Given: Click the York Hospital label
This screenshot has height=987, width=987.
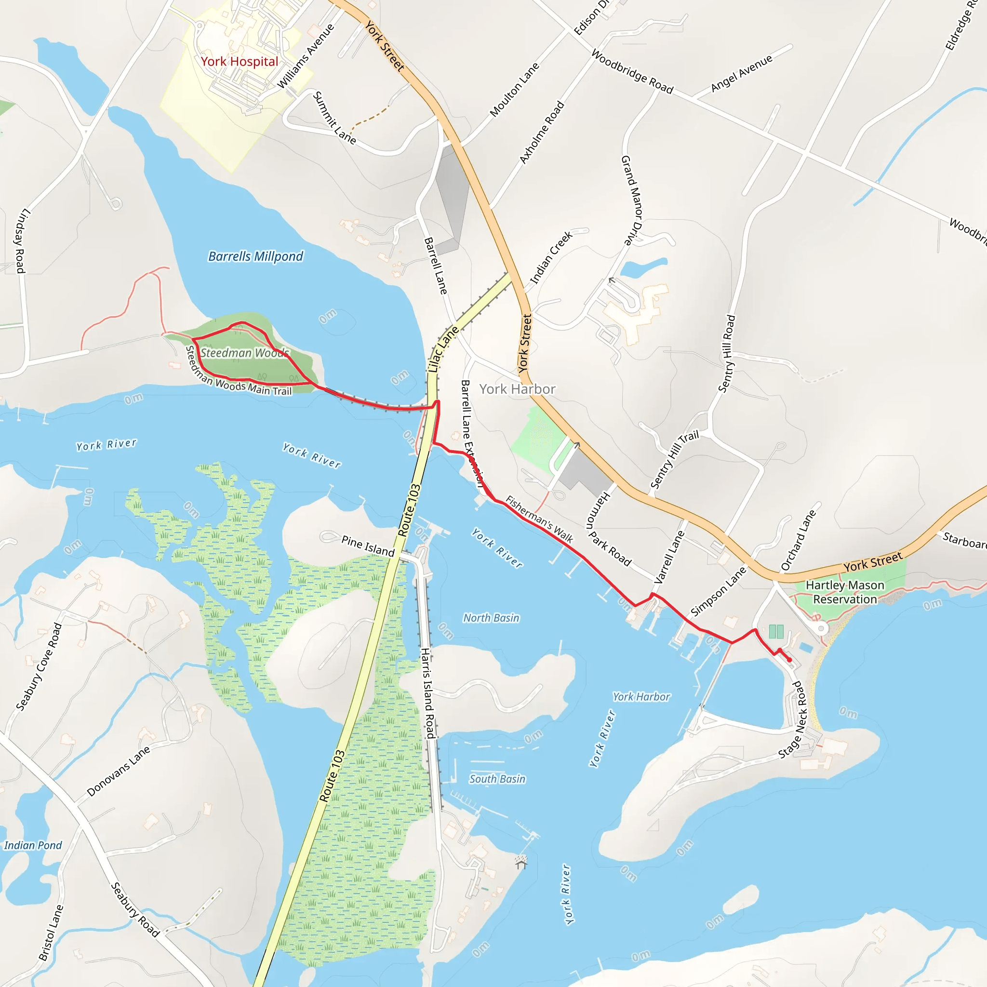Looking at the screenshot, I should pyautogui.click(x=239, y=62).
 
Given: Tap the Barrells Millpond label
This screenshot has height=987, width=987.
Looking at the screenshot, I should pyautogui.click(x=255, y=256).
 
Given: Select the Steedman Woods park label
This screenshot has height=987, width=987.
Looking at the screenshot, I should pyautogui.click(x=244, y=353).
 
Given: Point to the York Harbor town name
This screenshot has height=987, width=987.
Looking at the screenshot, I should pyautogui.click(x=517, y=389).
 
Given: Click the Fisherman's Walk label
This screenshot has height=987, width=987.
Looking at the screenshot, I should pyautogui.click(x=539, y=519).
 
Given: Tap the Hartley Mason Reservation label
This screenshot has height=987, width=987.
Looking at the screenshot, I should pyautogui.click(x=845, y=592).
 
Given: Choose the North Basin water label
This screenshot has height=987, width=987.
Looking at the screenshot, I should pyautogui.click(x=491, y=618).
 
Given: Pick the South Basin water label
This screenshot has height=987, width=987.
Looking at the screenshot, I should pyautogui.click(x=497, y=779).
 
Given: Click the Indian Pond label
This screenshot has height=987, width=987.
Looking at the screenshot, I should pyautogui.click(x=33, y=845).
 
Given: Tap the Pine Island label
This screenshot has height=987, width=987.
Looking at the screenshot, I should pyautogui.click(x=368, y=546).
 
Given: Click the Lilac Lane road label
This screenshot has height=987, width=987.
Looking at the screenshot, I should pyautogui.click(x=442, y=349).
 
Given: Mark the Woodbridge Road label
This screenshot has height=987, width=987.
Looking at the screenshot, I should pyautogui.click(x=632, y=71).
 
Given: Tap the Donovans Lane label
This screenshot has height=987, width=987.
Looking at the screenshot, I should pyautogui.click(x=119, y=771).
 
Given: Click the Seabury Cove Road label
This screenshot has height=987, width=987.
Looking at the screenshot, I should pyautogui.click(x=40, y=667).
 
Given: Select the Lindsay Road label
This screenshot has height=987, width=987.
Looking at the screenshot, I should pyautogui.click(x=20, y=240).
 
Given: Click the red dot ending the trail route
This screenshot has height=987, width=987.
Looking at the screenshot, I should pyautogui.click(x=789, y=660).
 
